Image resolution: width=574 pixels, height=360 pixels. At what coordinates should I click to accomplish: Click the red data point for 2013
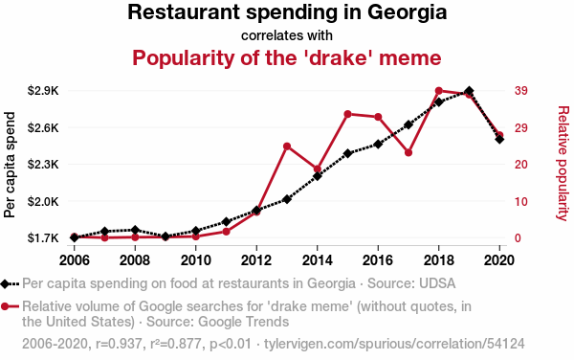(287, 146)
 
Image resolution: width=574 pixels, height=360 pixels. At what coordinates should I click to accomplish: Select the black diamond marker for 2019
(469, 91)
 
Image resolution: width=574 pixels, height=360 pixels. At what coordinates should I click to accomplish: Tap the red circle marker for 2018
(439, 91)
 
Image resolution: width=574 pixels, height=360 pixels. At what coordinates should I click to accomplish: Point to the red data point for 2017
(408, 152)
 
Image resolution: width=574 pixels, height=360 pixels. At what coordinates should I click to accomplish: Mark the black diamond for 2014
(318, 176)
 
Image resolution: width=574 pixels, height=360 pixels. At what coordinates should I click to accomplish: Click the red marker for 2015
(348, 114)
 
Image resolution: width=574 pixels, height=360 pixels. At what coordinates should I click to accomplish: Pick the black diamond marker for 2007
(104, 231)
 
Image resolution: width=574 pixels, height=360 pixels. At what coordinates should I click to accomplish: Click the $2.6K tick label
(43, 127)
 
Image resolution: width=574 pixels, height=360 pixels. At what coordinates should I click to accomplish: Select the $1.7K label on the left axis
(43, 238)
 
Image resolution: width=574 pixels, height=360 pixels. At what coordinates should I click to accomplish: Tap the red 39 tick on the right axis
(521, 90)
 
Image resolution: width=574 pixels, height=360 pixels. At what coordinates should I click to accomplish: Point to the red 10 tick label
(521, 201)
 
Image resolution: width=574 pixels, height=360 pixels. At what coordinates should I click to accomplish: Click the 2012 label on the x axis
(256, 260)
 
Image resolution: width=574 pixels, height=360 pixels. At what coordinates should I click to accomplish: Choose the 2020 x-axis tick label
(499, 260)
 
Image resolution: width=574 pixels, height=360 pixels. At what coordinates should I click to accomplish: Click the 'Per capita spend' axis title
(10, 165)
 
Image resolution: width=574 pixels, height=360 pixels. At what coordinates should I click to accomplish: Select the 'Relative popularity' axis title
(563, 164)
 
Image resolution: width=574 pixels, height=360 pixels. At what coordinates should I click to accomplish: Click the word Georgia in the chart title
(408, 12)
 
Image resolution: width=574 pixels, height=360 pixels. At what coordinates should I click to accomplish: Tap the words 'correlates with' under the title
(287, 35)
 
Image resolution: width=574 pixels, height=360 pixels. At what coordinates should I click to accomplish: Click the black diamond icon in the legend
(5, 283)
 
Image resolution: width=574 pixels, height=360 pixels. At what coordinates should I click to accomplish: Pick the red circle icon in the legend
(5, 306)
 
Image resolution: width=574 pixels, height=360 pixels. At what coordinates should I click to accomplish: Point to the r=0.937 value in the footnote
(119, 344)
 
